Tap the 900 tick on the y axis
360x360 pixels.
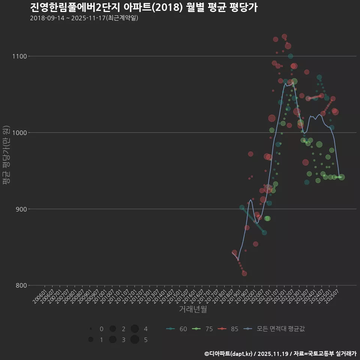20,209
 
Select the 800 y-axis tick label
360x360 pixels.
20,285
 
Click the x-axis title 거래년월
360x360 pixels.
193,309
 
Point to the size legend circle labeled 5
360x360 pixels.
135,340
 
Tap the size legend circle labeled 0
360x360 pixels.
91,329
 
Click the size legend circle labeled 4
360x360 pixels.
135,329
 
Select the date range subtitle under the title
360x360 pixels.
84,18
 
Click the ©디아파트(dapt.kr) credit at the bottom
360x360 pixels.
229,354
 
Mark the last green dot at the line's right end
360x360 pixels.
342,177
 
